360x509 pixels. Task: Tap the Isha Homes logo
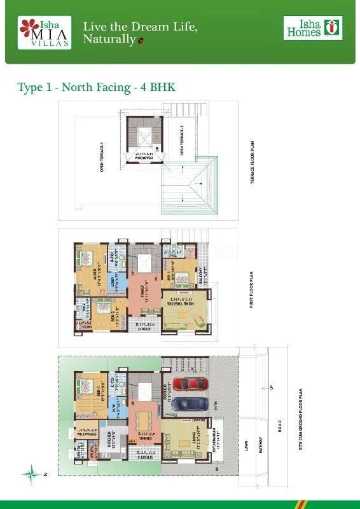(312, 28)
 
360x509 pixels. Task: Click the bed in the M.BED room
(87, 261)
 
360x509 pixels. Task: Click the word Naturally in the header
(109, 40)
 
